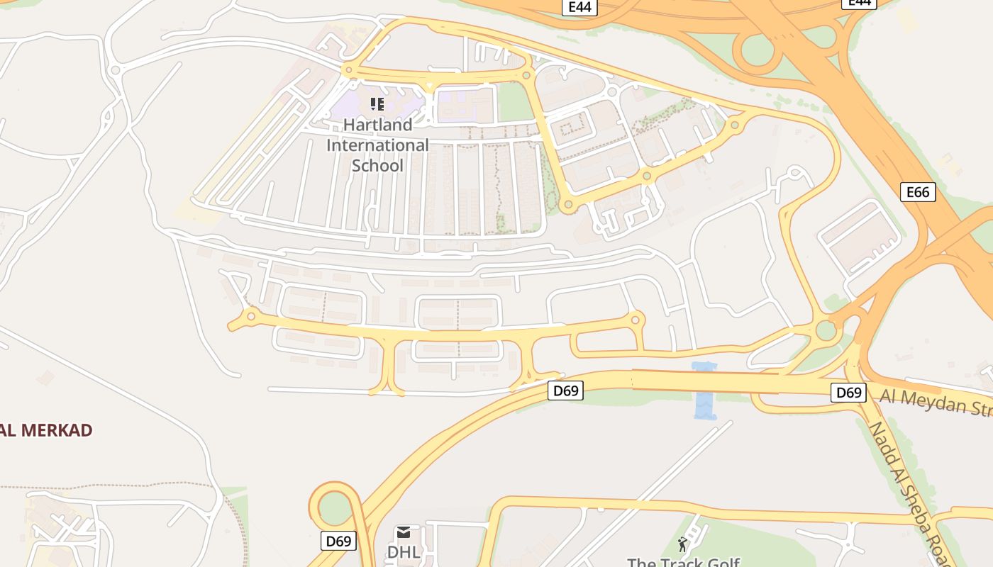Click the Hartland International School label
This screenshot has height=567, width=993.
[377, 145]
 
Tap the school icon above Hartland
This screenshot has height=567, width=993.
[377, 105]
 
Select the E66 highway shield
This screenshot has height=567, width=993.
[918, 192]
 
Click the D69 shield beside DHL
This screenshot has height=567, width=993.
[338, 541]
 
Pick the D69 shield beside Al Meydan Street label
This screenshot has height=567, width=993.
[848, 392]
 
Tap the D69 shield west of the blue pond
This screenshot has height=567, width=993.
[565, 391]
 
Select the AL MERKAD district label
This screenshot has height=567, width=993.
[46, 430]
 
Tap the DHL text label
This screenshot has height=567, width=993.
[404, 551]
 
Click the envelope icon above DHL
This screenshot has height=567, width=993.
[404, 532]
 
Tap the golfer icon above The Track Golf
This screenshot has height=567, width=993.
[682, 544]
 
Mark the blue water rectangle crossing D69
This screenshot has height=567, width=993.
[705, 391]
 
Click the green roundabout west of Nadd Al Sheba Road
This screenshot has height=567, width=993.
[826, 330]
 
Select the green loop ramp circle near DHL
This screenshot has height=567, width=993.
[335, 507]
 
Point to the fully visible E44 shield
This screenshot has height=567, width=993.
[580, 7]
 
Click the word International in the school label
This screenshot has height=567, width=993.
[377, 145]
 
